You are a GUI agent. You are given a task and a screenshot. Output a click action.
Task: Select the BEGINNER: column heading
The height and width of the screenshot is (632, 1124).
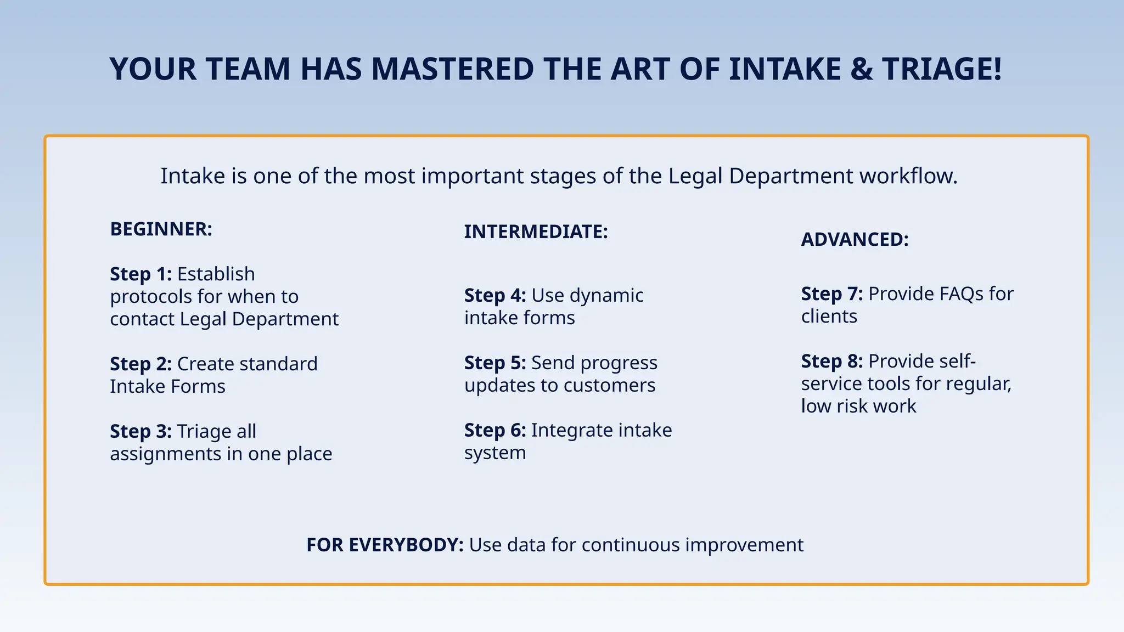click(x=161, y=229)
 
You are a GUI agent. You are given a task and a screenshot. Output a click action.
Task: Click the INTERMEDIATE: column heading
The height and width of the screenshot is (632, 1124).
click(x=536, y=232)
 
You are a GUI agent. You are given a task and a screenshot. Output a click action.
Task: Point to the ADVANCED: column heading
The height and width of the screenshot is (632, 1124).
click(x=855, y=239)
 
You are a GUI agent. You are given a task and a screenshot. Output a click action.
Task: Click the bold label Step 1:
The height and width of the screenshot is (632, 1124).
click(x=140, y=274)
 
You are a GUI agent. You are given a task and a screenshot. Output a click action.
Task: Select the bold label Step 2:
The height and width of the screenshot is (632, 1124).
click(x=140, y=364)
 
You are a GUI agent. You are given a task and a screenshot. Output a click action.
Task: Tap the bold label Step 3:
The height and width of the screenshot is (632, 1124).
click(x=140, y=431)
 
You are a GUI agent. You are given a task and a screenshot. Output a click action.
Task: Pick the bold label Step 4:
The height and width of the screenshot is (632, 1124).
click(x=494, y=295)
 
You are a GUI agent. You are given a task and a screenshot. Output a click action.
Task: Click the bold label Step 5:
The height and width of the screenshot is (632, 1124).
click(x=494, y=363)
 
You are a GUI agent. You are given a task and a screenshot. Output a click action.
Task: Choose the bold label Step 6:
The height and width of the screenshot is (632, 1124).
click(x=494, y=430)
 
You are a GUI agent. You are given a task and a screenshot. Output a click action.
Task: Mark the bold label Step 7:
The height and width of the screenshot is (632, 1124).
click(x=831, y=294)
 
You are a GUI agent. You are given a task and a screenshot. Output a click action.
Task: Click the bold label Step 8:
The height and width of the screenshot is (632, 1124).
click(x=831, y=361)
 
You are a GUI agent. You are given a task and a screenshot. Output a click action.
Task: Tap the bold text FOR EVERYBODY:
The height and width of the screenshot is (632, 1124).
click(x=385, y=545)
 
